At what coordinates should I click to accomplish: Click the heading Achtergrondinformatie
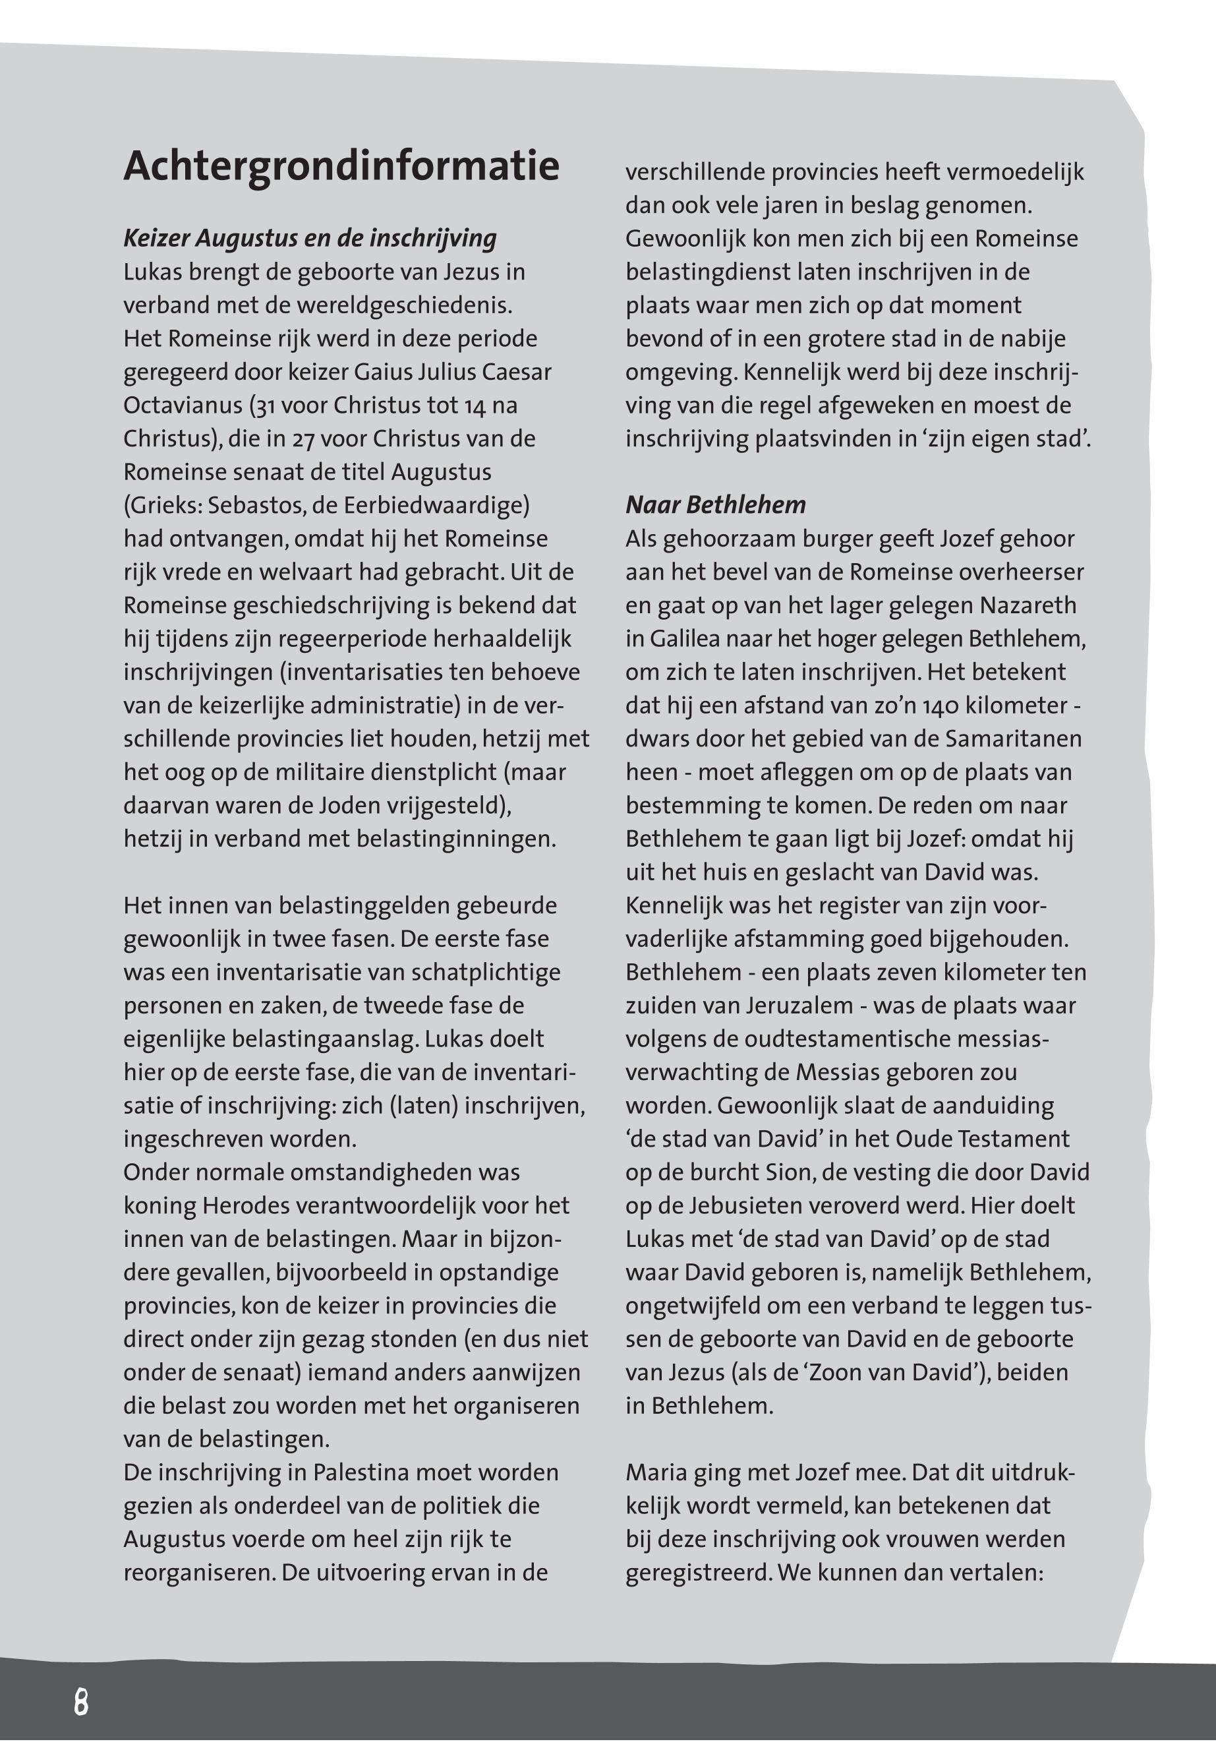pos(341,166)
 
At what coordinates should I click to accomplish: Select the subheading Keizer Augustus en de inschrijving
pos(309,239)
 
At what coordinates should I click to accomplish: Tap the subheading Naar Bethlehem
pos(715,504)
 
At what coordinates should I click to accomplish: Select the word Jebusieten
pos(753,1206)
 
